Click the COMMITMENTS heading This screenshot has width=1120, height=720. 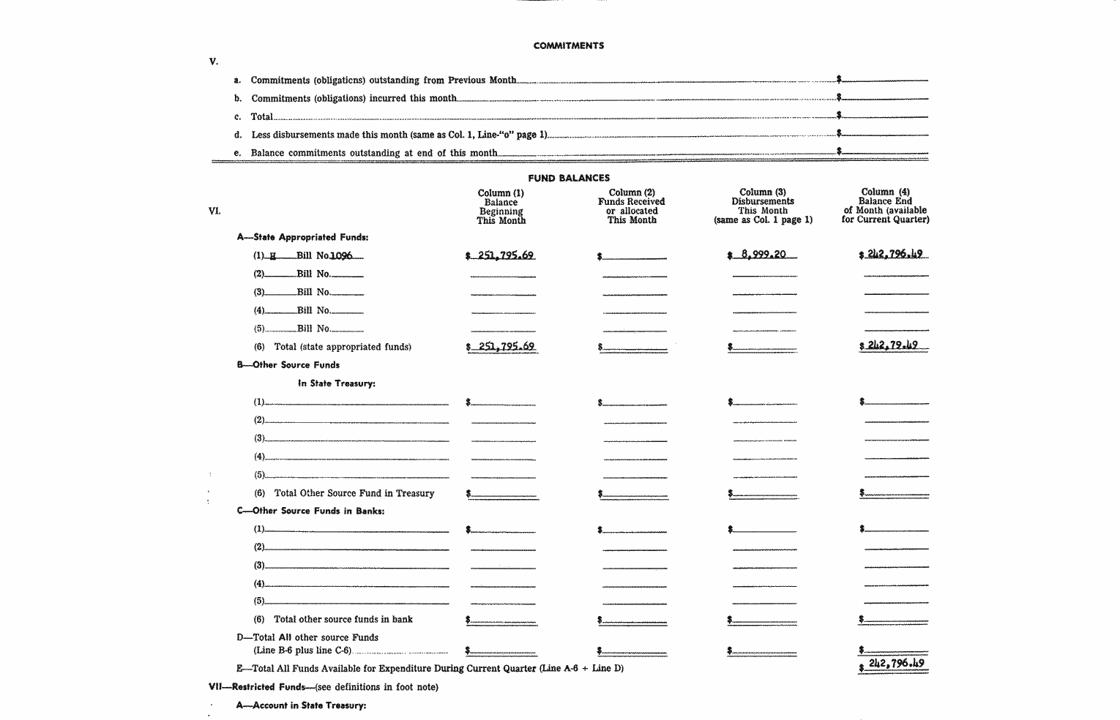click(569, 45)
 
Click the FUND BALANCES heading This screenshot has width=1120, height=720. click(569, 178)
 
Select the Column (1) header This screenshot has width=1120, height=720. click(501, 206)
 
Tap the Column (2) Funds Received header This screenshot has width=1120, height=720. click(631, 206)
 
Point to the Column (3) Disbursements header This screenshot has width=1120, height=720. click(763, 206)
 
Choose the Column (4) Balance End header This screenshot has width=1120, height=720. click(885, 206)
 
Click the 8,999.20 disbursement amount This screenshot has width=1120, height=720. click(764, 255)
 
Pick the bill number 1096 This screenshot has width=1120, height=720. click(341, 255)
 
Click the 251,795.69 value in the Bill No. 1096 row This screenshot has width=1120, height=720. click(505, 255)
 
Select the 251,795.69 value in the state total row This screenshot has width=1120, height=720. click(505, 346)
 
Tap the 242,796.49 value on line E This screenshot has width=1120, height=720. click(895, 664)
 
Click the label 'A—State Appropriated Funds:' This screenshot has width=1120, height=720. click(302, 237)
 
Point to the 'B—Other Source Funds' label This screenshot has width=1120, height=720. click(288, 364)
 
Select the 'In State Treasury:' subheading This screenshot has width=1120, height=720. click(336, 383)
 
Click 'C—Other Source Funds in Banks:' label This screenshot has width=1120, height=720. click(310, 511)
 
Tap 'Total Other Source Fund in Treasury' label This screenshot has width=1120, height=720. click(354, 493)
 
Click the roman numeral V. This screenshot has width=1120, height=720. click(213, 61)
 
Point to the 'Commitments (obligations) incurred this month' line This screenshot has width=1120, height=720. click(354, 98)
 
